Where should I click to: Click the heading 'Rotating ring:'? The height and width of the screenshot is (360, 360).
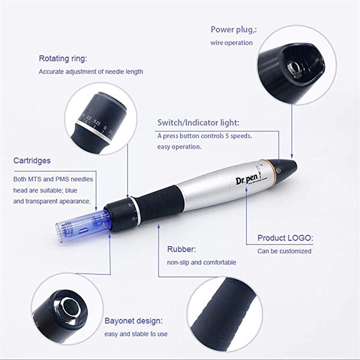(63, 58)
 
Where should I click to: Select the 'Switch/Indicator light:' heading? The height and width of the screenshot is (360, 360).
(198, 123)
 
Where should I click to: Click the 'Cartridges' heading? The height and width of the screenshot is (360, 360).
(32, 161)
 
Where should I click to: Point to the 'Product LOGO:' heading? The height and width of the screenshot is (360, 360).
(285, 238)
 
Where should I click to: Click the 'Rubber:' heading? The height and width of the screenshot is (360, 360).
(182, 249)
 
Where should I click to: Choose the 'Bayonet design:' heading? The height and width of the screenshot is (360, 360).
(133, 321)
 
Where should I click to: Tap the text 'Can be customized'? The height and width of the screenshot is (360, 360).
(284, 251)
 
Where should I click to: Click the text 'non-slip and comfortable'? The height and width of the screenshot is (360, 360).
(201, 262)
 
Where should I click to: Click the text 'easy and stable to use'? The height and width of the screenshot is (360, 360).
(136, 334)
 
